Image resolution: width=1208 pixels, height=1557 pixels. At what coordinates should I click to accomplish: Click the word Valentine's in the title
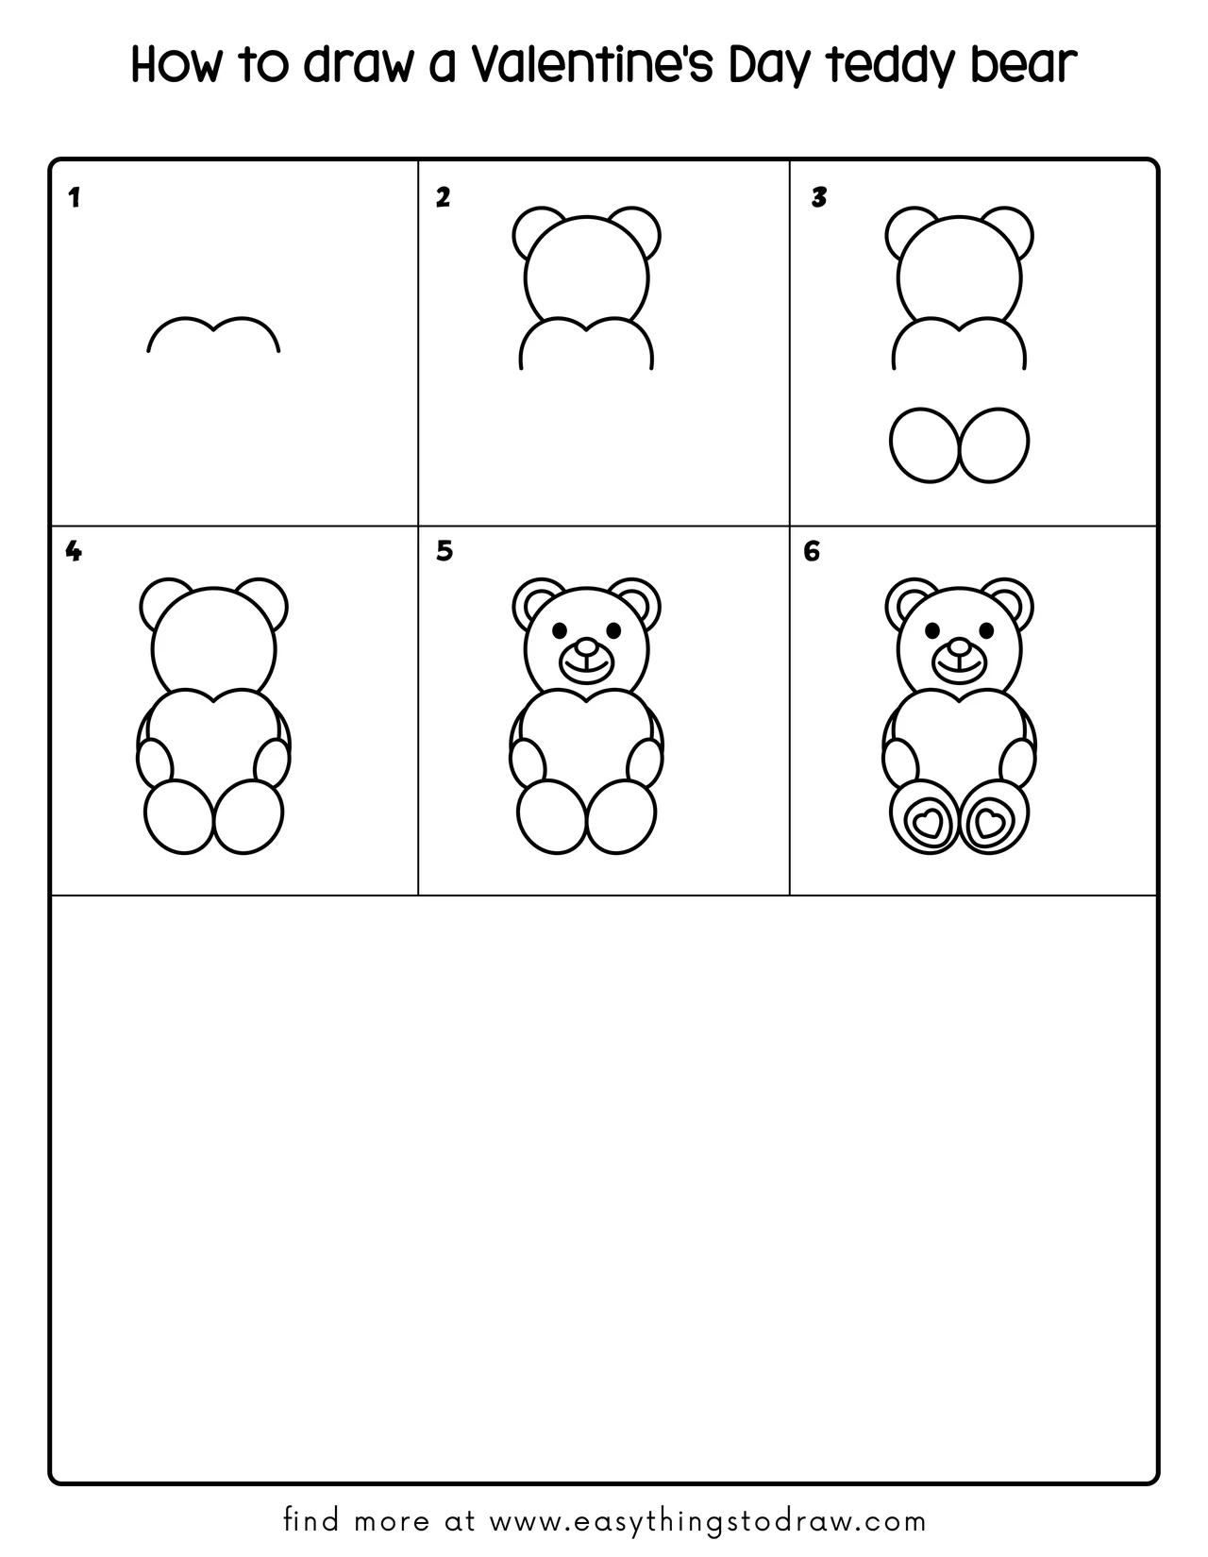pyautogui.click(x=592, y=64)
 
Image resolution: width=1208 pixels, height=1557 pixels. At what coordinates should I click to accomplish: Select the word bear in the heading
pyautogui.click(x=1023, y=64)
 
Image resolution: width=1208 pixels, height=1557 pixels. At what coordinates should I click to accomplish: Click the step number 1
pyautogui.click(x=74, y=198)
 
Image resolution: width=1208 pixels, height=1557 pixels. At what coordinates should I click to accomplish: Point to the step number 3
pyautogui.click(x=819, y=197)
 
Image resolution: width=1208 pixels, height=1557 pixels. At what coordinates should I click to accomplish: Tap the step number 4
pyautogui.click(x=73, y=551)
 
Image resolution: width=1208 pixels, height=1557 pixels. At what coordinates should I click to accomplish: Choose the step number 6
pyautogui.click(x=812, y=551)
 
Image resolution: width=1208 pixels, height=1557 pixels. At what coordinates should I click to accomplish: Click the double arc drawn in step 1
pyautogui.click(x=213, y=329)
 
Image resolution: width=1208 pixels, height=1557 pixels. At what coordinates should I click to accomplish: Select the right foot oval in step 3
pyautogui.click(x=994, y=445)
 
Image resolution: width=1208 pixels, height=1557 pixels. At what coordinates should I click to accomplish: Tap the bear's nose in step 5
pyautogui.click(x=587, y=647)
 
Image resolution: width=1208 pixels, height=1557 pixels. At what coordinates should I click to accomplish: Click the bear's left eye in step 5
pyautogui.click(x=560, y=630)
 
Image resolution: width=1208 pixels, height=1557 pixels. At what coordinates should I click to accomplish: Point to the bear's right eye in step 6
pyautogui.click(x=986, y=630)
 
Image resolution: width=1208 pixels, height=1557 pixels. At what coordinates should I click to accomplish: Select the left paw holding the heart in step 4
pyautogui.click(x=155, y=763)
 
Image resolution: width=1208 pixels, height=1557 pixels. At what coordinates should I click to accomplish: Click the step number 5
pyautogui.click(x=445, y=551)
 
